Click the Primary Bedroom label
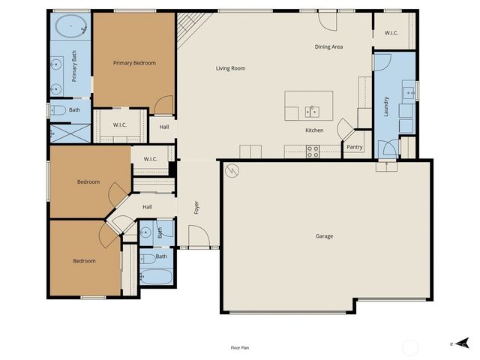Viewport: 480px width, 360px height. tap(134, 63)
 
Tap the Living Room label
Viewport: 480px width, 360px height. tap(231, 68)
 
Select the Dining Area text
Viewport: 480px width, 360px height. tap(328, 46)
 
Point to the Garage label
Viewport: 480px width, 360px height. tap(324, 236)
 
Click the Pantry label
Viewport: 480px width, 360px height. tap(355, 147)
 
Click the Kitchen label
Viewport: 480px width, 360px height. tap(314, 130)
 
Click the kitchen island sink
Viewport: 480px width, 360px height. tap(314, 112)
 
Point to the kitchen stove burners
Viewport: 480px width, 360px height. tap(313, 150)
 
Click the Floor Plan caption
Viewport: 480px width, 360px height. tap(240, 348)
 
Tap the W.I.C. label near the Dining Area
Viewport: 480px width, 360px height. tap(391, 33)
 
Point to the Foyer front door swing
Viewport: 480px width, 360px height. tap(197, 238)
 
